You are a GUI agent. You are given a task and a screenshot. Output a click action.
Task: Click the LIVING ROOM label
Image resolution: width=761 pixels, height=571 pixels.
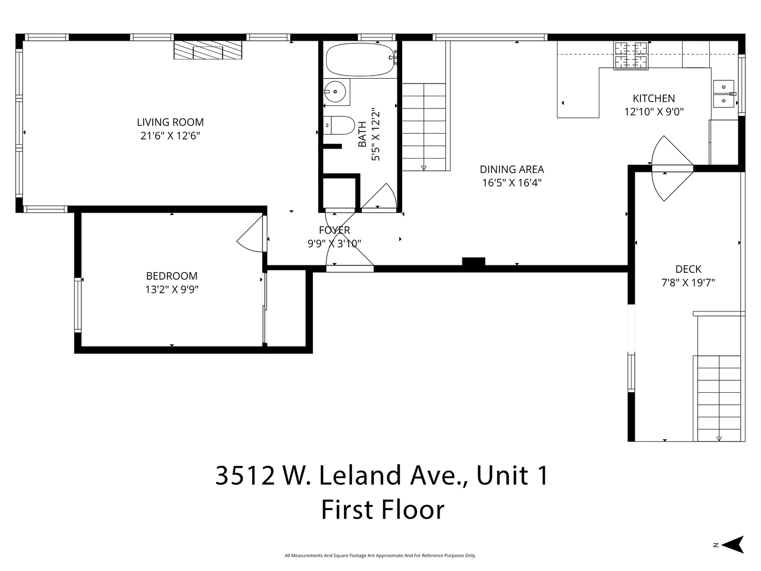[x=170, y=122]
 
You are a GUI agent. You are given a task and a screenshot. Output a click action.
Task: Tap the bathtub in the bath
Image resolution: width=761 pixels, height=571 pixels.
[x=360, y=59]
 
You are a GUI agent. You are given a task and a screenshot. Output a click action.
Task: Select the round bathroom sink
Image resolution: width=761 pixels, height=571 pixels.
[x=335, y=91]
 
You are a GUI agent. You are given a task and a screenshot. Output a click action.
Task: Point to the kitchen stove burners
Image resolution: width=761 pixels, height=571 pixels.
[x=630, y=56]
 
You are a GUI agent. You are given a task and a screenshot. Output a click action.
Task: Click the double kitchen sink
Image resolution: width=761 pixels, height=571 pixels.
[x=723, y=94]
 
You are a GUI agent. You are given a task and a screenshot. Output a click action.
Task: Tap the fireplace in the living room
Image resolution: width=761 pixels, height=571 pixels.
[x=208, y=50]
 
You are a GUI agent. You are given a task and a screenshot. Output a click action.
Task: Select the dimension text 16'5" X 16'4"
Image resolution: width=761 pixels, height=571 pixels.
[x=512, y=183]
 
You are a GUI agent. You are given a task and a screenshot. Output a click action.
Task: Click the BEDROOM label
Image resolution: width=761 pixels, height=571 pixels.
[x=172, y=276]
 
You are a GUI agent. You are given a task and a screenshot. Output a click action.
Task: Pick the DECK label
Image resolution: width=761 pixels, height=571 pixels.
[x=688, y=269]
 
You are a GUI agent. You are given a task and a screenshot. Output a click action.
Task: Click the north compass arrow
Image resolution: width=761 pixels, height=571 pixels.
[x=734, y=545]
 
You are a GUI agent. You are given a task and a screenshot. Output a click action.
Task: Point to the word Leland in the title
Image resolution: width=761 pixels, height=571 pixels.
[x=360, y=476]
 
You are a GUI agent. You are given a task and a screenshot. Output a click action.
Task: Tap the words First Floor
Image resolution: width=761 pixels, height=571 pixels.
[x=383, y=510]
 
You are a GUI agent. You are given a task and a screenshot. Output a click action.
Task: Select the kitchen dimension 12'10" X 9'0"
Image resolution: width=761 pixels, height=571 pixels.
[x=654, y=112]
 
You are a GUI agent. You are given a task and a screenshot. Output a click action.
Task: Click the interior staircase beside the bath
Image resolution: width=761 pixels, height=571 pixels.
[x=424, y=127]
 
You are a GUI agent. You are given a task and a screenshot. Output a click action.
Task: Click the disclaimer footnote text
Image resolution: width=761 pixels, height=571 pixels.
[x=380, y=555]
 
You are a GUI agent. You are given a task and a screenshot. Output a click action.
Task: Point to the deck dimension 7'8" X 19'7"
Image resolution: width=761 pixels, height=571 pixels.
[x=688, y=283]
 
